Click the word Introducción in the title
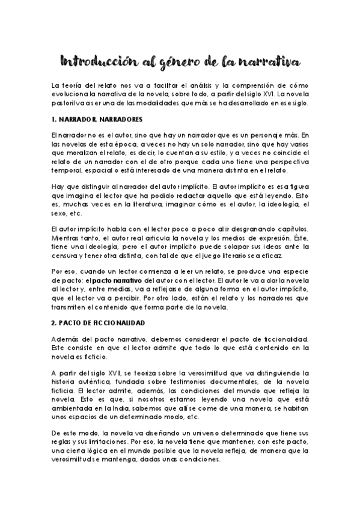[96, 61]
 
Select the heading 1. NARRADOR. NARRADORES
[93, 119]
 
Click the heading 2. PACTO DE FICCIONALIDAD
[99, 323]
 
